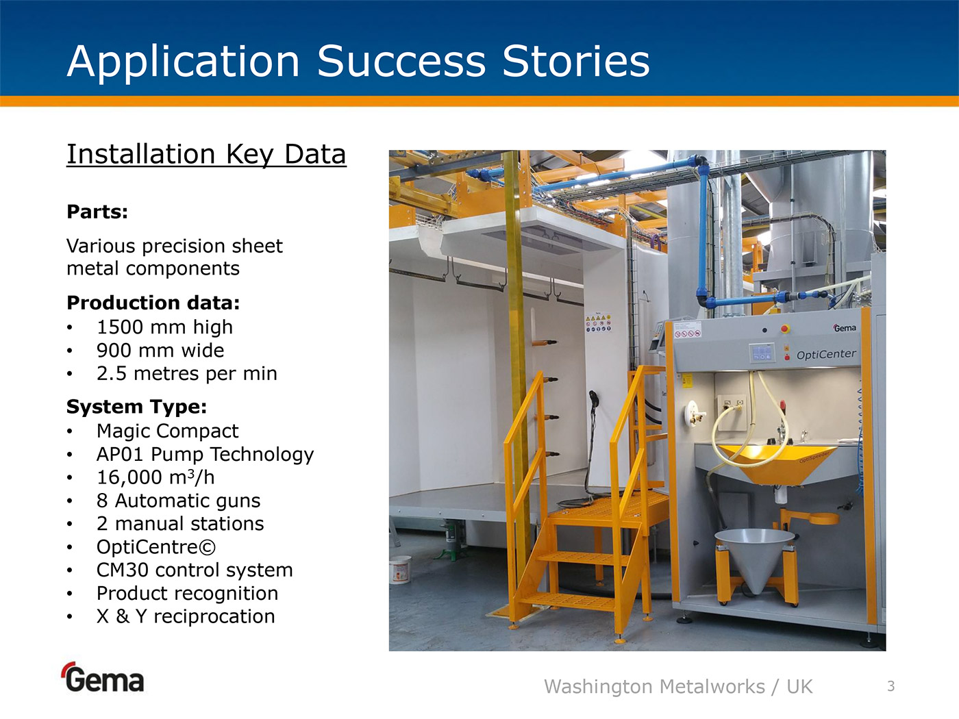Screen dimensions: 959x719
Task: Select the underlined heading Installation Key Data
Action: (206, 155)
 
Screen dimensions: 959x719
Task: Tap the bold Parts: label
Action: (97, 212)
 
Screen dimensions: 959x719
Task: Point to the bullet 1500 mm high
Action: (164, 327)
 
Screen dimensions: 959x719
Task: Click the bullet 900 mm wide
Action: (160, 350)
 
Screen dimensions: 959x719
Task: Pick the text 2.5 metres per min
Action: (187, 374)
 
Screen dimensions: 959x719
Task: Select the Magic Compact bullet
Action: (168, 431)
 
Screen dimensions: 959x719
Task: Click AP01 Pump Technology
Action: (206, 455)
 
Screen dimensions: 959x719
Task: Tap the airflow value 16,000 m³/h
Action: (155, 477)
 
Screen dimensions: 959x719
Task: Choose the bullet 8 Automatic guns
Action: (179, 501)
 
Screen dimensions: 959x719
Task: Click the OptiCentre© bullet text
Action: (156, 547)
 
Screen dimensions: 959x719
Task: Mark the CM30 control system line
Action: (195, 570)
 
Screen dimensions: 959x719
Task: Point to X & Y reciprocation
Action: (186, 616)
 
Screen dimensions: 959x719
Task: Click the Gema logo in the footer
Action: (103, 677)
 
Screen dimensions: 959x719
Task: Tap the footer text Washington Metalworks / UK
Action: (679, 687)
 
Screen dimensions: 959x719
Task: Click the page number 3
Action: (891, 686)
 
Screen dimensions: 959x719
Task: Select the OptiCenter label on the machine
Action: (826, 354)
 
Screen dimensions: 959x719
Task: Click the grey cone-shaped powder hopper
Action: (755, 559)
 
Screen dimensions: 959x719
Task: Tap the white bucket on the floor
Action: (400, 569)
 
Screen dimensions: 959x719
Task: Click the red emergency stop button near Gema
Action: (785, 329)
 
